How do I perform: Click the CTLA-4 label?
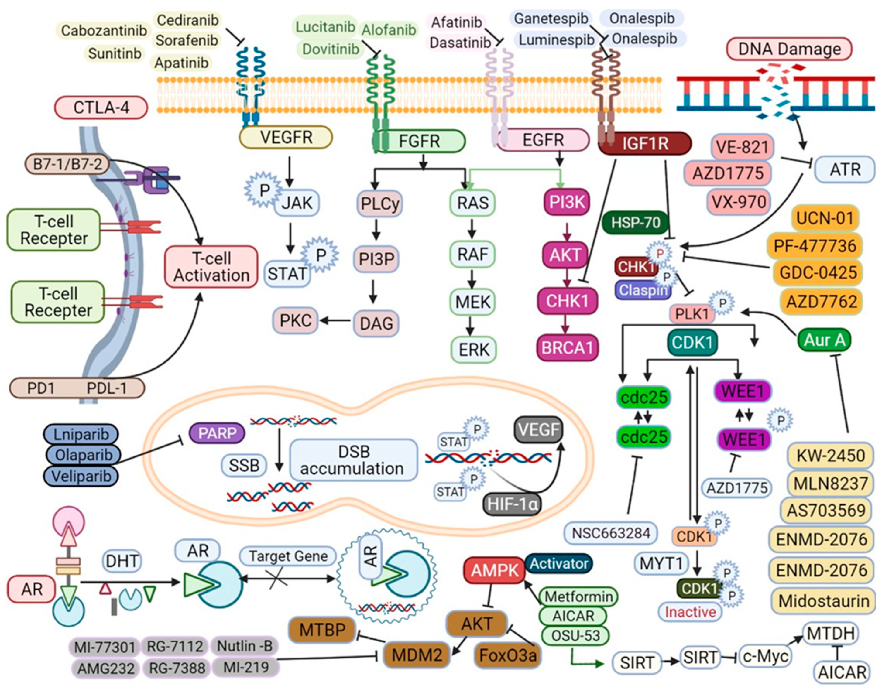(101, 108)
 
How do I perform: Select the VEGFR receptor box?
(286, 137)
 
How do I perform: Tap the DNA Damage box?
(789, 49)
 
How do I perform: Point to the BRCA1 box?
(568, 348)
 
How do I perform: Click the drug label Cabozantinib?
(104, 30)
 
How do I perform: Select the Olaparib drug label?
(83, 455)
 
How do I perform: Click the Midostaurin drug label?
(823, 601)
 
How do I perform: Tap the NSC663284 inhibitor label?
(611, 533)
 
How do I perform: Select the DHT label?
(122, 561)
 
